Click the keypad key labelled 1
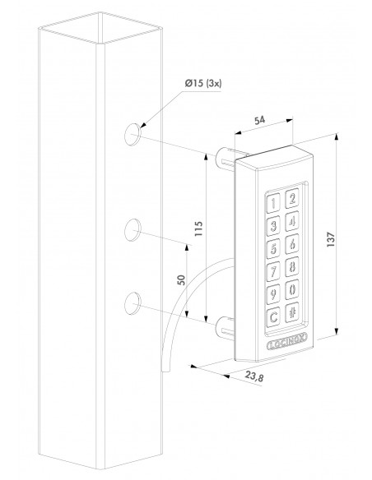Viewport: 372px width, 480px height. (273, 202)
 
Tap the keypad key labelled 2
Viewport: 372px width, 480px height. (292, 198)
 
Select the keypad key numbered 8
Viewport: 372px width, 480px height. (292, 266)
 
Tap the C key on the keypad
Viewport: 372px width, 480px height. (273, 316)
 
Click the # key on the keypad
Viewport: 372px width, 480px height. (292, 312)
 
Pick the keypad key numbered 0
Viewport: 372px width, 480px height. (292, 289)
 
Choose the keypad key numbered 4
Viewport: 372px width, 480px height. (292, 221)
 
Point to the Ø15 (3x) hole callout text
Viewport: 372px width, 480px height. (203, 83)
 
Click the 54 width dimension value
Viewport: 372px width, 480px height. (259, 120)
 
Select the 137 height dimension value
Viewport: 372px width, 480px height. (331, 240)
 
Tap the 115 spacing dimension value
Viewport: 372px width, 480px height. (198, 228)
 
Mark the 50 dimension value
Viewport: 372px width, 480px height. (182, 279)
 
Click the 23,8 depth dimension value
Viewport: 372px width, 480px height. (254, 376)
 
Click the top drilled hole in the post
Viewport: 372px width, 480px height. (133, 134)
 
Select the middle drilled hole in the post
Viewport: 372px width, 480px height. (133, 230)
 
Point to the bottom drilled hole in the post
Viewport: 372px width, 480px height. (133, 302)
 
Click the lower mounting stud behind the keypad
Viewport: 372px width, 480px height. (226, 328)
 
